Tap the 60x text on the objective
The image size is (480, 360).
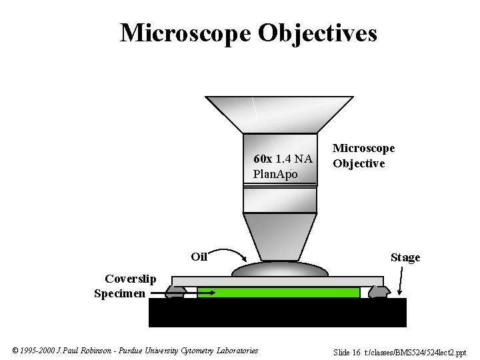tap(262, 159)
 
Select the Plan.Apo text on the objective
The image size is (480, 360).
tap(275, 174)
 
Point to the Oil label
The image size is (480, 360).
tap(199, 256)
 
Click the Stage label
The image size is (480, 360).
tap(405, 257)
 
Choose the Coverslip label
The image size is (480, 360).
tap(130, 279)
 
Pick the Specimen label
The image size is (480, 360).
tap(119, 293)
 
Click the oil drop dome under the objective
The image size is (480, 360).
tap(279, 269)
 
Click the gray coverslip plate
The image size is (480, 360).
tap(277, 281)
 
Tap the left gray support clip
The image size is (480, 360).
tap(176, 291)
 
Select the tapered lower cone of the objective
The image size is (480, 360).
tap(279, 237)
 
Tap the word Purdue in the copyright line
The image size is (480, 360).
tap(131, 351)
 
